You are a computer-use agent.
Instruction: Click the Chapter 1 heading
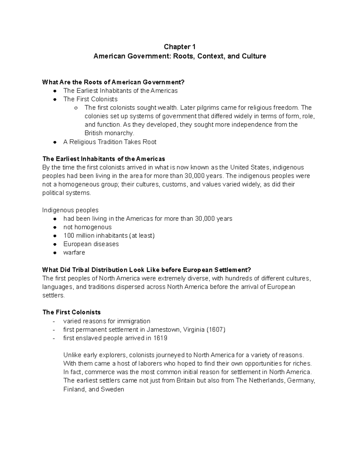click(180, 47)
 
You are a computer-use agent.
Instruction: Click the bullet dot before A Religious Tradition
click(55, 142)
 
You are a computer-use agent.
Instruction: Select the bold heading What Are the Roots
click(113, 82)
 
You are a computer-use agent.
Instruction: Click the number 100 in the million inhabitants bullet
click(68, 236)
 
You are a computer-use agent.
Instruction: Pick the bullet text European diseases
click(91, 244)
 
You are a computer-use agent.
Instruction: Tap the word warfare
click(74, 253)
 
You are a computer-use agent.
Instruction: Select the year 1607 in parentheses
click(216, 330)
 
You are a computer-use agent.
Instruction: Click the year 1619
click(160, 338)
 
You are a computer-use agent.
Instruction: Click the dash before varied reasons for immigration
click(54, 321)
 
